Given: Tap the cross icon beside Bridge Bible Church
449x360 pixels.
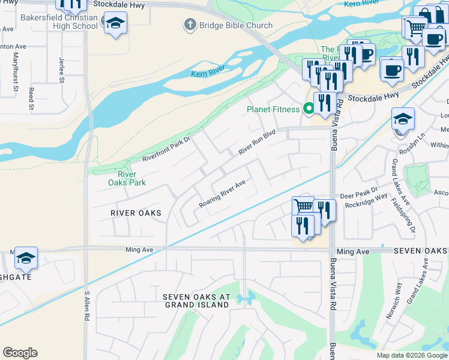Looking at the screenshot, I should click(190, 25).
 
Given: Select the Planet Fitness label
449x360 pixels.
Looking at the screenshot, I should click(273, 109).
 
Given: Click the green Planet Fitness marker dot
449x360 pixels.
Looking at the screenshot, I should click(309, 109).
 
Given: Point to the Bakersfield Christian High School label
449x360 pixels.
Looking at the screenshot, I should click(59, 22).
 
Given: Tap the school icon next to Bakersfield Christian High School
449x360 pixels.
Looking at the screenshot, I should click(115, 24).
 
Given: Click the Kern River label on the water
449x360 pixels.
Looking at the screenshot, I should click(208, 74).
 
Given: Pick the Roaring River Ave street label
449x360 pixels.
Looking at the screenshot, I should click(222, 194).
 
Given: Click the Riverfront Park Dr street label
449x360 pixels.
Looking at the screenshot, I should click(166, 149).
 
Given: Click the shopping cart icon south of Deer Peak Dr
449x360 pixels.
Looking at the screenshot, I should click(304, 206).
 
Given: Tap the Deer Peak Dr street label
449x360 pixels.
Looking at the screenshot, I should click(357, 196).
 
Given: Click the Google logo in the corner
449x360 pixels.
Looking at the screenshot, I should click(20, 353).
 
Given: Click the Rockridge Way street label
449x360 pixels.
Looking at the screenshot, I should click(372, 204).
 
